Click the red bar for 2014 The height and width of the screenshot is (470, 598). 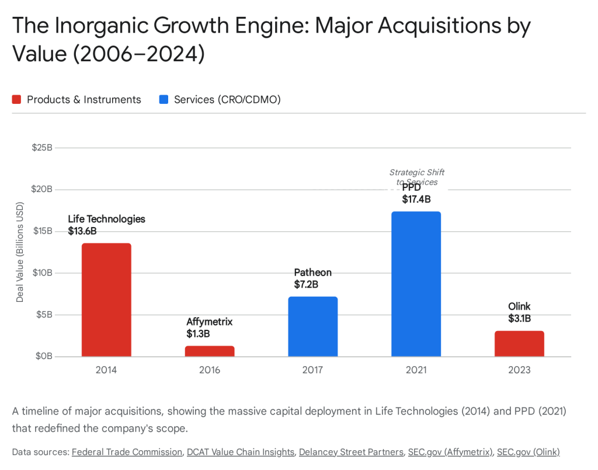[x=106, y=300]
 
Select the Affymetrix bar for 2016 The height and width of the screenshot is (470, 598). [x=210, y=351]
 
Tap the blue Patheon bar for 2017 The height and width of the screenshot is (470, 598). [x=313, y=326]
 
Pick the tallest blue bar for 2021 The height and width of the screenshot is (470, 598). [x=416, y=284]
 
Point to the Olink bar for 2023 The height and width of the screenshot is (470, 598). [x=519, y=343]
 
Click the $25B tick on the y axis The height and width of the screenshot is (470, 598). [x=42, y=148]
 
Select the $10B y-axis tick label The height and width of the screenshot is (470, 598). [x=42, y=273]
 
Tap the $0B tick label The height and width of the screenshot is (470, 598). [x=44, y=356]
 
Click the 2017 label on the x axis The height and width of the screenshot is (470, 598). [x=313, y=370]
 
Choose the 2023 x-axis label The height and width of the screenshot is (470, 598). [x=519, y=370]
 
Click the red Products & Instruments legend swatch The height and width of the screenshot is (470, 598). [x=17, y=100]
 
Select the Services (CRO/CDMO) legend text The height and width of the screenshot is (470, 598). [x=227, y=100]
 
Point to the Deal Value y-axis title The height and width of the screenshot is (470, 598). [x=20, y=252]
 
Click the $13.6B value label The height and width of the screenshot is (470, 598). [x=82, y=231]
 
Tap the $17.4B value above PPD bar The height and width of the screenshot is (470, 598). [x=416, y=199]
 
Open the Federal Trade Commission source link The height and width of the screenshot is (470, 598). [x=127, y=451]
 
